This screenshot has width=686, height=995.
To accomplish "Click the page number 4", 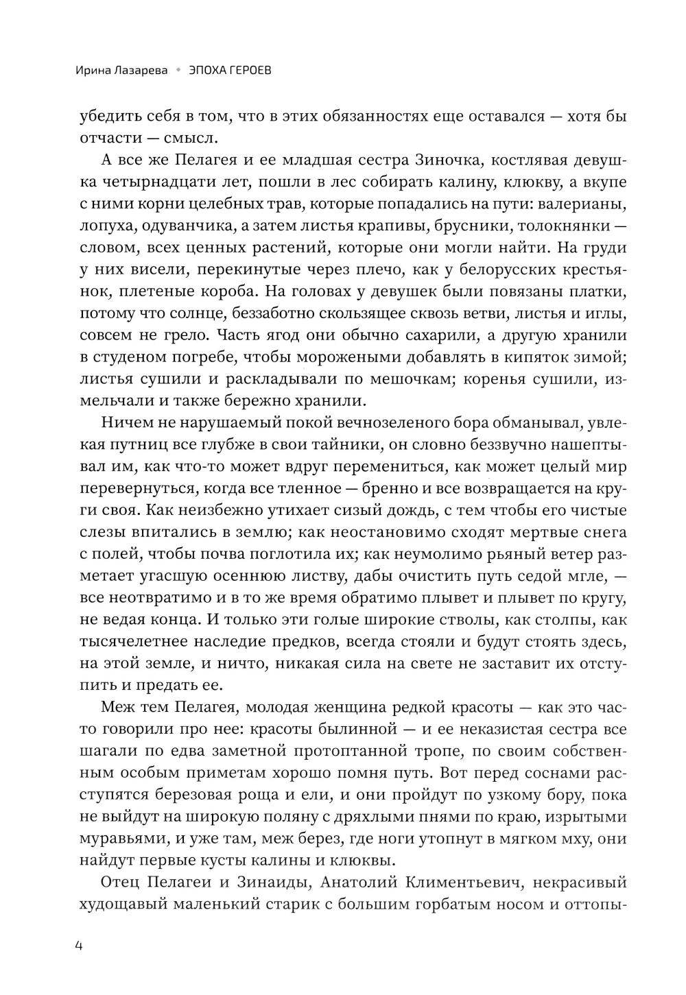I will [x=79, y=946].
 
